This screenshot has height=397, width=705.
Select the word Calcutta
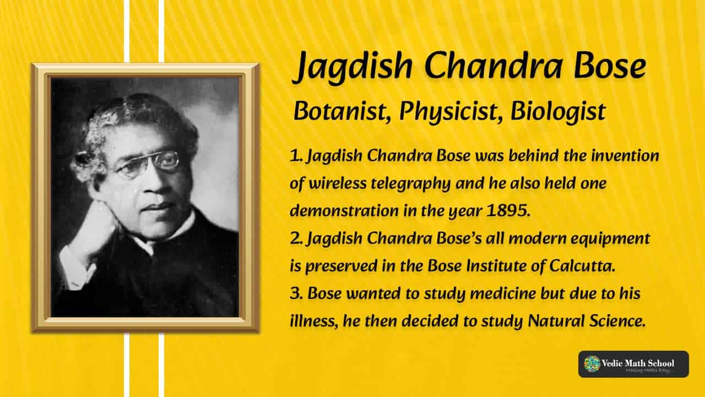(x=582, y=266)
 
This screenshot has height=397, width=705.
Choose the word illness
(x=314, y=321)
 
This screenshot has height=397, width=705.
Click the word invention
(x=625, y=155)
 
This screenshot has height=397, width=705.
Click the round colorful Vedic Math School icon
(x=592, y=363)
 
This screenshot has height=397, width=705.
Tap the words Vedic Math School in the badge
(x=638, y=363)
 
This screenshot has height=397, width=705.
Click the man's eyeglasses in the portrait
(x=149, y=164)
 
